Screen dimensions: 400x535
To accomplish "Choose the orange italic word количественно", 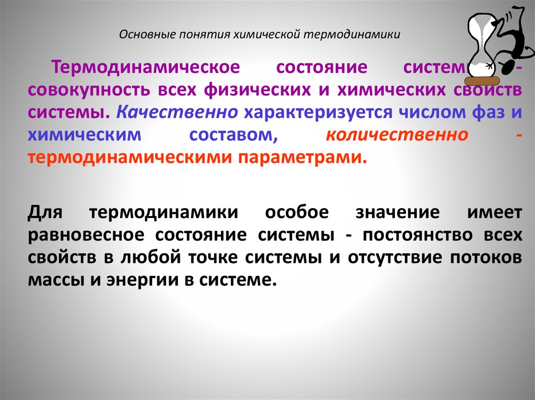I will tap(397, 135).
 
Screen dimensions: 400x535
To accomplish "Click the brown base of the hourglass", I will tap(483, 80).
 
